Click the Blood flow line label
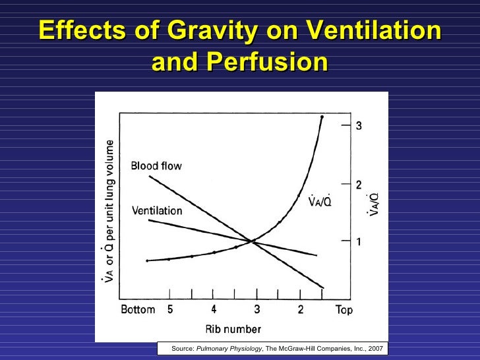coord(156,166)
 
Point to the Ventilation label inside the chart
coord(157,211)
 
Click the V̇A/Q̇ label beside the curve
coord(320,201)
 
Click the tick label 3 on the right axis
coord(359,127)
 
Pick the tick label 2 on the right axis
coord(359,185)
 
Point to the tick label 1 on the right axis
coord(359,241)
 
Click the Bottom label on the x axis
coord(138,310)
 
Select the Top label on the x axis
coord(344,310)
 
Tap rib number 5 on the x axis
coord(169,309)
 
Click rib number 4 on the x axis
coord(214,309)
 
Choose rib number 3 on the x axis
coord(256,309)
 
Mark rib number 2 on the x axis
coord(300,309)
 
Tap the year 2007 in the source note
coord(374,348)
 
